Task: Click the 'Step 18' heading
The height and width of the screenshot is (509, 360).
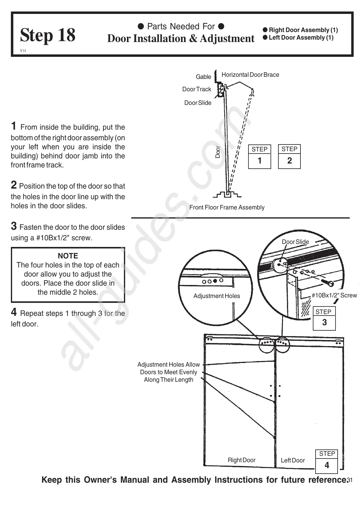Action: tap(47, 35)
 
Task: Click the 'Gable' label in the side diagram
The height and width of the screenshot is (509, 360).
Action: tap(203, 77)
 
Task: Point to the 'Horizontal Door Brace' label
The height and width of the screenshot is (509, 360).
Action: tap(250, 75)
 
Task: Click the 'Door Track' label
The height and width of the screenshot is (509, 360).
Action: tap(196, 89)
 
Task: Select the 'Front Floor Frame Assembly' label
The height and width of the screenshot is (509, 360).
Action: tap(227, 207)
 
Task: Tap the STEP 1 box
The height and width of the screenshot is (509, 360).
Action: tap(259, 156)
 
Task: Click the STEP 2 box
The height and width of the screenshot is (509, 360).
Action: tap(289, 156)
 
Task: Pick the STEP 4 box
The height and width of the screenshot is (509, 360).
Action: tap(327, 461)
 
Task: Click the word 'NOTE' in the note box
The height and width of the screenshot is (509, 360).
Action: tap(68, 256)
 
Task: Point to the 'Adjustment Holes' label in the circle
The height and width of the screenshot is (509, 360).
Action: tap(216, 296)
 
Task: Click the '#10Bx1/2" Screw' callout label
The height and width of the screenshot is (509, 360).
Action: tap(334, 295)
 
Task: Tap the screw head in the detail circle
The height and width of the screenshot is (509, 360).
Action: tap(331, 284)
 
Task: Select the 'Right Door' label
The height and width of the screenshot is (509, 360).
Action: tap(242, 460)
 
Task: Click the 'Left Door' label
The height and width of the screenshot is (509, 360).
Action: tap(293, 460)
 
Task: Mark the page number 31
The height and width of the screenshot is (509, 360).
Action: tap(350, 480)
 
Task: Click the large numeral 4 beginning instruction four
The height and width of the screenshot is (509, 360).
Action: tap(14, 312)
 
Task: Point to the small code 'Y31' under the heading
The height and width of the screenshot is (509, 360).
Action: tap(23, 51)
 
